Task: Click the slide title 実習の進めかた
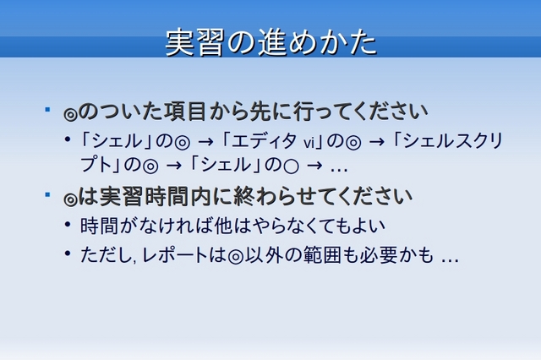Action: [271, 43]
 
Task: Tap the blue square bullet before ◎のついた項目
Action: [47, 110]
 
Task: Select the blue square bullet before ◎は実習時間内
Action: [47, 194]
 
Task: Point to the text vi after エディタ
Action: [309, 143]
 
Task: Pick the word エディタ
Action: [264, 141]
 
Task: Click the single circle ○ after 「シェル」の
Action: [291, 166]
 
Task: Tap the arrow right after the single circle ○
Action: [314, 166]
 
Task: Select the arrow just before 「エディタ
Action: [205, 142]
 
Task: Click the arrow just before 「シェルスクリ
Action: [377, 142]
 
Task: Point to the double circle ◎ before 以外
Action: [236, 257]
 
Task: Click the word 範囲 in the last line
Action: [322, 255]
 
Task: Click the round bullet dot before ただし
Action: [68, 254]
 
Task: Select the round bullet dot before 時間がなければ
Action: [68, 225]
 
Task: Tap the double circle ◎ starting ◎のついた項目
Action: [71, 114]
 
